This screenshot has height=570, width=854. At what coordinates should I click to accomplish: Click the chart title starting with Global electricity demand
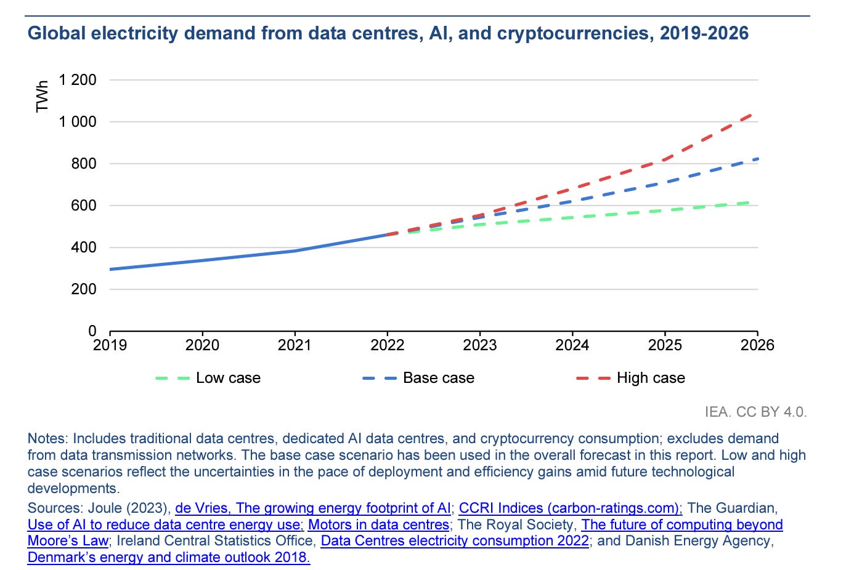tap(388, 33)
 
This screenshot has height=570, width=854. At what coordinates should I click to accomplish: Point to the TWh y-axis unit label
tap(42, 97)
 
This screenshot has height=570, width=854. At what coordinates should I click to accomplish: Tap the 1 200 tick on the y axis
tap(78, 80)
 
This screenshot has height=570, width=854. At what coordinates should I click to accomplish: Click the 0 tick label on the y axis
tap(92, 331)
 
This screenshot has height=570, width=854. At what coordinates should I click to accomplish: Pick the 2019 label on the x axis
tap(110, 345)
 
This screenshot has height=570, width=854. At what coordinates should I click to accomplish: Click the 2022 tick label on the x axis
tap(387, 345)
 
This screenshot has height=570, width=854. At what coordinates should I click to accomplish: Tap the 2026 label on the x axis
tap(757, 345)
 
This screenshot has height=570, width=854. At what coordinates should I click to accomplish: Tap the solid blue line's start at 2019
tap(111, 269)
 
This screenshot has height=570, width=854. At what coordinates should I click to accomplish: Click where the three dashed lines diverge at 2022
tap(388, 234)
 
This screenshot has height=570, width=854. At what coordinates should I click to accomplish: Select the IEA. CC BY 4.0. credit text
tap(755, 412)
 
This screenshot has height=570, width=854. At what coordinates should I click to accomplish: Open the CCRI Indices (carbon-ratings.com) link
tap(571, 508)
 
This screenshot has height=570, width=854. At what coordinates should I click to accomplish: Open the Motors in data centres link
tap(378, 525)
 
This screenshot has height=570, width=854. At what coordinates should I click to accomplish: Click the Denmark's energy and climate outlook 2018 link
tap(169, 558)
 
